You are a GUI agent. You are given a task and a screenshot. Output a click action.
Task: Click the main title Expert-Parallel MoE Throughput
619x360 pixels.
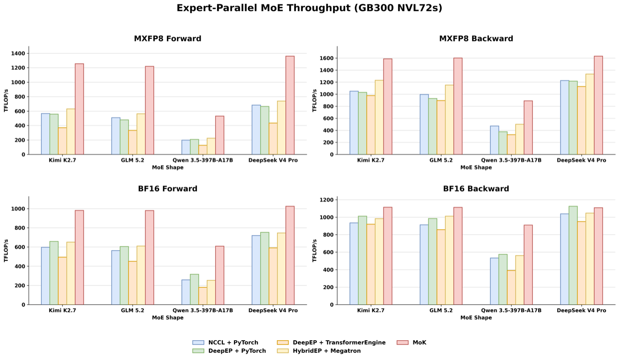pos(265,8)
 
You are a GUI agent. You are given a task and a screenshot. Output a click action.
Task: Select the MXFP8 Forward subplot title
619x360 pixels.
pos(167,38)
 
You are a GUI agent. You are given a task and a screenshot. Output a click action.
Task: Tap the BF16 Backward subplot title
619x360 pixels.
pos(476,189)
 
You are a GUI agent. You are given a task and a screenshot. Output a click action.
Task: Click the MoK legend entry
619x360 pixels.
pos(412,343)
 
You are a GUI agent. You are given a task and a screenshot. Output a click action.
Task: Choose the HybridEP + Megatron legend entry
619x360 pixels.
pos(319,351)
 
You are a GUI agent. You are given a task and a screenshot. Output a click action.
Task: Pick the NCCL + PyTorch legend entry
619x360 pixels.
pos(225,343)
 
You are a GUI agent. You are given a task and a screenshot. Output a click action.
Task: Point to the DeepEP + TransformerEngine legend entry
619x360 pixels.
pos(331,343)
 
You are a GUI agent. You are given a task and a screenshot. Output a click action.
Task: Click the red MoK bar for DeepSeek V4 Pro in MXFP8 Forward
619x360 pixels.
pos(290,105)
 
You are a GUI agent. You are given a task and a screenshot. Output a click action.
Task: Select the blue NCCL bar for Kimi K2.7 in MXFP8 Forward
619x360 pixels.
pos(45,134)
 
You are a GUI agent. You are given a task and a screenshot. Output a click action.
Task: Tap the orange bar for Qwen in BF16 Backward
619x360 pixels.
pos(511,287)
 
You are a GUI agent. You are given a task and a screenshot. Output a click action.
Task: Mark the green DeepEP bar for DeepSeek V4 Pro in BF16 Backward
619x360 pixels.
pos(573,255)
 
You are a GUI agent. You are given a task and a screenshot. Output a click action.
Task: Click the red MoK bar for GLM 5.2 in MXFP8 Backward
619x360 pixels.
pos(458,106)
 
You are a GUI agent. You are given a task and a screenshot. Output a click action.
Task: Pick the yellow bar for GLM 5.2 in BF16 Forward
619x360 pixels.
pos(141,275)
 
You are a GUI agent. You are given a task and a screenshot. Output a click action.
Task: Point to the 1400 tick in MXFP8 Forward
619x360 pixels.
pos(18,53)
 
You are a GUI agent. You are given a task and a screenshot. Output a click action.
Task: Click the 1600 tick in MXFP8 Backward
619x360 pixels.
pos(326,59)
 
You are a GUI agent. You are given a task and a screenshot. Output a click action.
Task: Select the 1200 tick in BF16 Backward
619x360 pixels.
pos(326,200)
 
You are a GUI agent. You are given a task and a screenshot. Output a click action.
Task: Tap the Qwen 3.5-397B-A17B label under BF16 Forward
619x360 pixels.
pos(203,311)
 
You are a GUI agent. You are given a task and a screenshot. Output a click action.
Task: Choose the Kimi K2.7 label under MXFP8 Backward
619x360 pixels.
pos(370,160)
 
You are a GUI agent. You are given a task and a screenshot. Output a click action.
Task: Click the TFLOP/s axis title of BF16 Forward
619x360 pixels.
pos(6,251)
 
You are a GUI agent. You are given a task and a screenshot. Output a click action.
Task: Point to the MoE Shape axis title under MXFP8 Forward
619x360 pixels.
pos(167,167)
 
